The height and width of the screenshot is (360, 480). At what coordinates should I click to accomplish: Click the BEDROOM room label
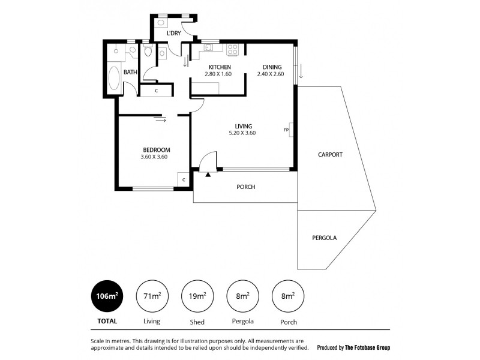pos(156,149)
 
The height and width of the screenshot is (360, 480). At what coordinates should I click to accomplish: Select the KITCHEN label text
pos(220,67)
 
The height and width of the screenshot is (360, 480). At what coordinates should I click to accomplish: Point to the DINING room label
pos(272,67)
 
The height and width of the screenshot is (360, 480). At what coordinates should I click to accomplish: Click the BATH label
pos(130,73)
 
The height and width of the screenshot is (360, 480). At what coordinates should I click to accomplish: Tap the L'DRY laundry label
pos(173,33)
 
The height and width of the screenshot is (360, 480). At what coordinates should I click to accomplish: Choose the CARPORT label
pos(330,154)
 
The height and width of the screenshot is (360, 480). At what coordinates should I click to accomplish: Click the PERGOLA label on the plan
pos(325,238)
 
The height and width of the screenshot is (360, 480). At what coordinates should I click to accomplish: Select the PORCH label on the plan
pos(245,187)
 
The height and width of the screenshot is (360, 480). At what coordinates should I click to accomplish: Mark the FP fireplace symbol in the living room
pos(287,130)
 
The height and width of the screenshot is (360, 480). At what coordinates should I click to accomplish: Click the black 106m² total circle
pos(107,296)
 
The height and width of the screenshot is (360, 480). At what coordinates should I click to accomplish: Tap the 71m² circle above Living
pos(152,296)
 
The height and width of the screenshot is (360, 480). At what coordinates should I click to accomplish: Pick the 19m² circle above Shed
pos(197,296)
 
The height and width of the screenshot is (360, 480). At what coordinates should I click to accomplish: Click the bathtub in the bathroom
pos(114,77)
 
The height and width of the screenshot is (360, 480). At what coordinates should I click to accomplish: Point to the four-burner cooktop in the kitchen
pos(233,49)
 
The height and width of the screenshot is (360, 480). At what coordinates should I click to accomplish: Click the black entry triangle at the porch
pos(208,175)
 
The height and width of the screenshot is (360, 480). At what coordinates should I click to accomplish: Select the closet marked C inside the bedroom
pos(184,179)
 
